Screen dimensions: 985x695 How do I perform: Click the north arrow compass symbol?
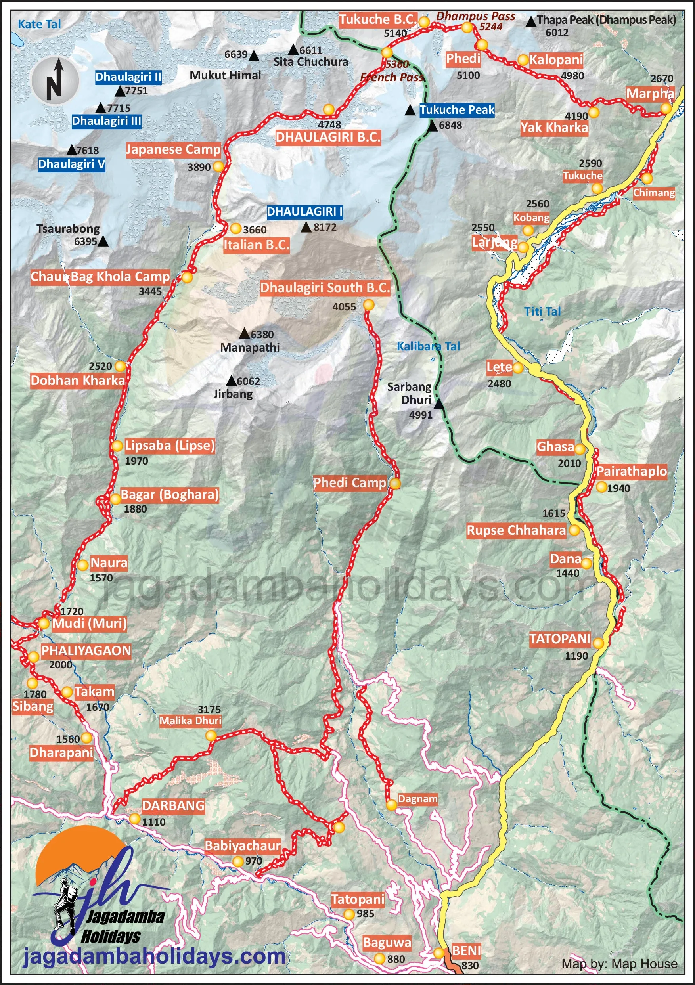coord(55,80)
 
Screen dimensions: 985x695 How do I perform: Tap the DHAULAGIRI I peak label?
coord(304,212)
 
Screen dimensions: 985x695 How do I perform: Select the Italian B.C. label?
coord(256,245)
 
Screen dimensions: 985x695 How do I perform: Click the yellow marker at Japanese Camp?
coord(218,166)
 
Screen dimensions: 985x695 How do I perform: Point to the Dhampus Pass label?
coord(475,16)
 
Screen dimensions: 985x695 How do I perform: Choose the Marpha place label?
coord(650,93)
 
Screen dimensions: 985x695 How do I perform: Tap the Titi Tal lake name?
coord(542,312)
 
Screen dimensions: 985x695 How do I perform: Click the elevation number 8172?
coord(325,228)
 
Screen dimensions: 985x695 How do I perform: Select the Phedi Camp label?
coord(350,483)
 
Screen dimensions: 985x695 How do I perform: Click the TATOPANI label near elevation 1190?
coord(560,639)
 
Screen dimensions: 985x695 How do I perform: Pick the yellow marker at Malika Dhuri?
coord(211,736)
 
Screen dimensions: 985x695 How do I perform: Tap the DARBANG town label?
coord(173,806)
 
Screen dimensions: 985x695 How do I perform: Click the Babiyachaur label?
coord(243,846)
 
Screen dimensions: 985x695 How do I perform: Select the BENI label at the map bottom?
coord(466,951)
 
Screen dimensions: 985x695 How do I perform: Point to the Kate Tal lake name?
coord(40,24)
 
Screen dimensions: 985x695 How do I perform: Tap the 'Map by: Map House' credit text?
coord(619,964)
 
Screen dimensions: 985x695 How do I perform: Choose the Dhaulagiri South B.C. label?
coord(325,288)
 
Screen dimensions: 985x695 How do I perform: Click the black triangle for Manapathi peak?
coord(244,333)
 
